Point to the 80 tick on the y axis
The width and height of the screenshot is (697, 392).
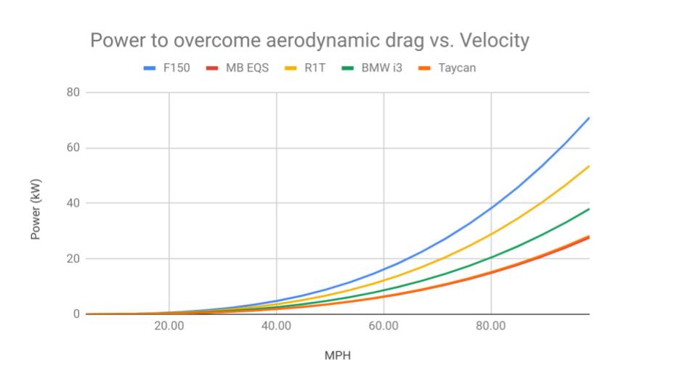[x=73, y=93]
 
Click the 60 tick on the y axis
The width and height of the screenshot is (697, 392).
[x=73, y=148]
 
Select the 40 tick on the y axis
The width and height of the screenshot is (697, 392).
[x=73, y=203]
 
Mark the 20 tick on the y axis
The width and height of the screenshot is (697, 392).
[x=73, y=258]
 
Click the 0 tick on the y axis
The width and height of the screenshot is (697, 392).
[x=76, y=314]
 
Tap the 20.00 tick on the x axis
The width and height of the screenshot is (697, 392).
[x=168, y=327]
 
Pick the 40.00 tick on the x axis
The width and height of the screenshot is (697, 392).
[x=276, y=327]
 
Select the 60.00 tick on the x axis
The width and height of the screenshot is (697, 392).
[x=383, y=327]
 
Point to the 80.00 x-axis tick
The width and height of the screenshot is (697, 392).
[x=491, y=327]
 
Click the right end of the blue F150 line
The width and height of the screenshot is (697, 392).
[x=589, y=118]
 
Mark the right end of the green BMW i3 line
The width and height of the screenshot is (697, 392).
[x=589, y=209]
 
